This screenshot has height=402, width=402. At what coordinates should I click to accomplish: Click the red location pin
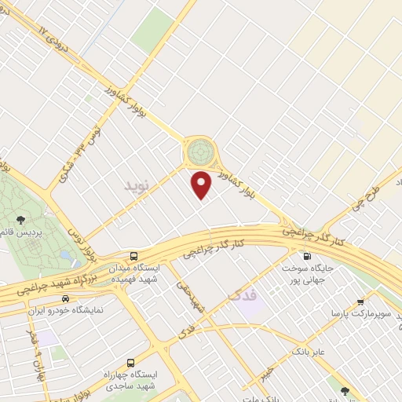point(202,185)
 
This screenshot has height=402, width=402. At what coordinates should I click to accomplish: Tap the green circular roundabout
point(199,148)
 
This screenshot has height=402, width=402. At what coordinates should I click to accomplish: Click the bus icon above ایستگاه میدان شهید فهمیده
point(134,256)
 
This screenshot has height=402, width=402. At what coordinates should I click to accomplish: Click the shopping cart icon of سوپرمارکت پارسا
point(360,301)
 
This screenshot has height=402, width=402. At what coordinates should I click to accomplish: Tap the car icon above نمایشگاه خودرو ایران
point(65,298)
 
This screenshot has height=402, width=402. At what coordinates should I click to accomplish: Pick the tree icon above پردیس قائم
point(20,219)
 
